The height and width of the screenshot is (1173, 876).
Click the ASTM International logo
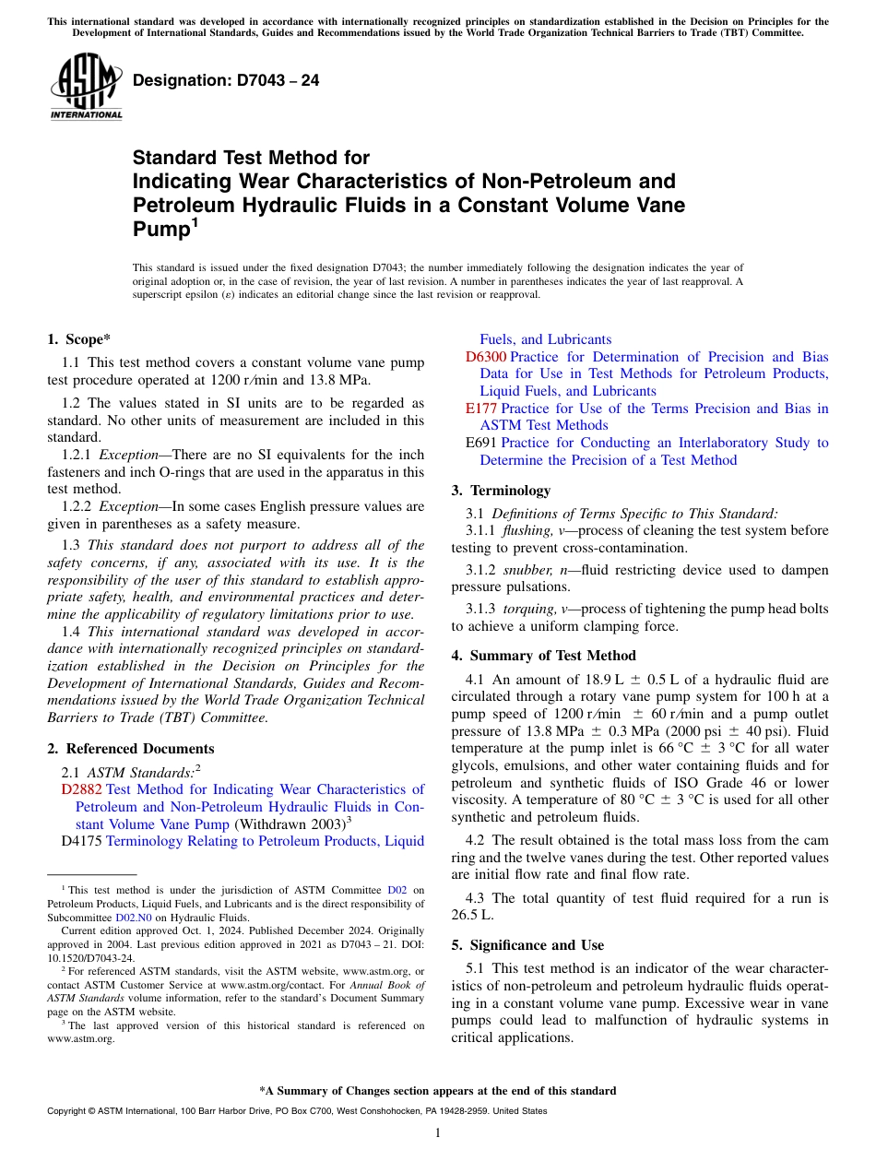coord(86,88)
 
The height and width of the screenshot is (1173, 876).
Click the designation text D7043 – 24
coord(226,80)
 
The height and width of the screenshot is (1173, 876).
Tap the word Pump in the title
coord(159,229)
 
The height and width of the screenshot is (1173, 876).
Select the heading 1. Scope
coord(79,339)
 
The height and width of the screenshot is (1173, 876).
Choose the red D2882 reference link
coord(82,789)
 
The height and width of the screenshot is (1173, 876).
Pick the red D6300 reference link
coord(485,357)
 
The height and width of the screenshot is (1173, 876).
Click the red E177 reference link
coord(481,409)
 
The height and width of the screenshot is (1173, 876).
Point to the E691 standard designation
coord(481,443)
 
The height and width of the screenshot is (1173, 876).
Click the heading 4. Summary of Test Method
coord(543,656)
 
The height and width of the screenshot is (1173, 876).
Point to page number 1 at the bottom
coord(438,1132)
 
